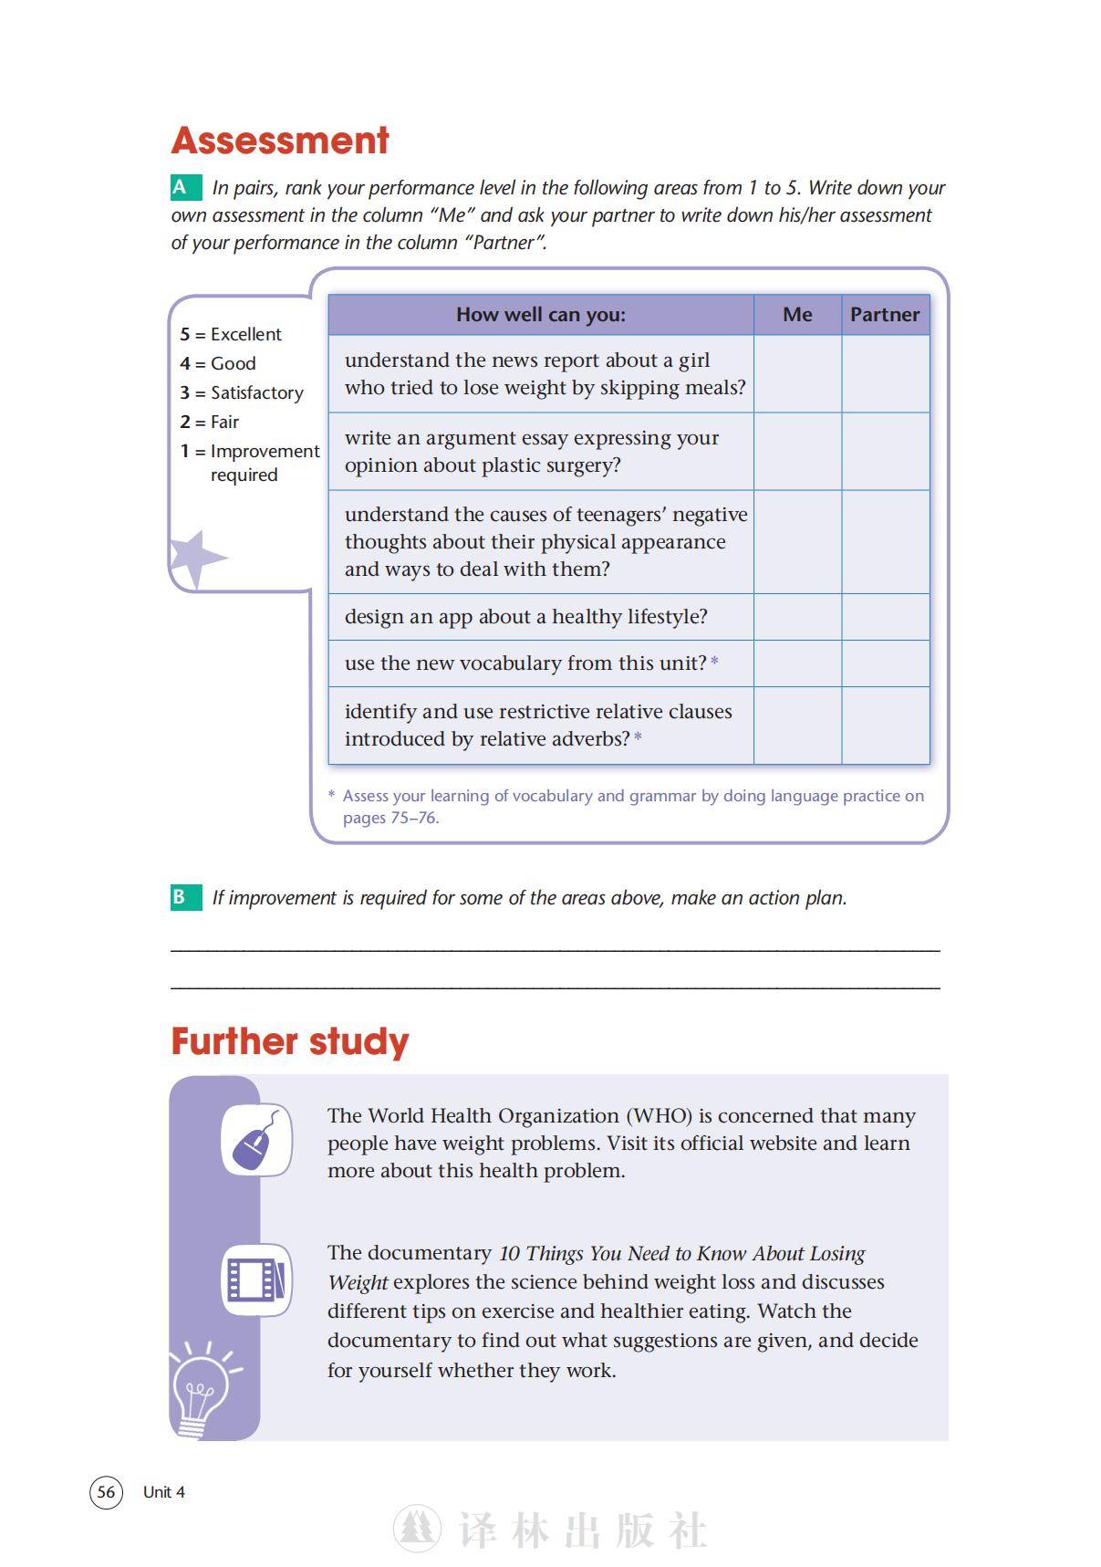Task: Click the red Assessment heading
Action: tap(280, 141)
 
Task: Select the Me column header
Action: tap(797, 315)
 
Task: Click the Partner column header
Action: tap(885, 315)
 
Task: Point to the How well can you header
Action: tap(541, 315)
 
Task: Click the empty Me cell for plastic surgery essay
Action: tap(797, 452)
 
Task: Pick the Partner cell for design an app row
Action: tap(885, 617)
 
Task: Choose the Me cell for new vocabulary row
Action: tap(797, 663)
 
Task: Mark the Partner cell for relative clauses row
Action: tap(885, 726)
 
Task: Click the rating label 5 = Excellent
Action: tap(231, 335)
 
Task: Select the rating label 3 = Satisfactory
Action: tap(242, 393)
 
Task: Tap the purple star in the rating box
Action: tap(194, 557)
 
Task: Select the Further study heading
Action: tap(290, 1042)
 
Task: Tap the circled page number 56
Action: tap(106, 1492)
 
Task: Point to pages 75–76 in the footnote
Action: tap(390, 818)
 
